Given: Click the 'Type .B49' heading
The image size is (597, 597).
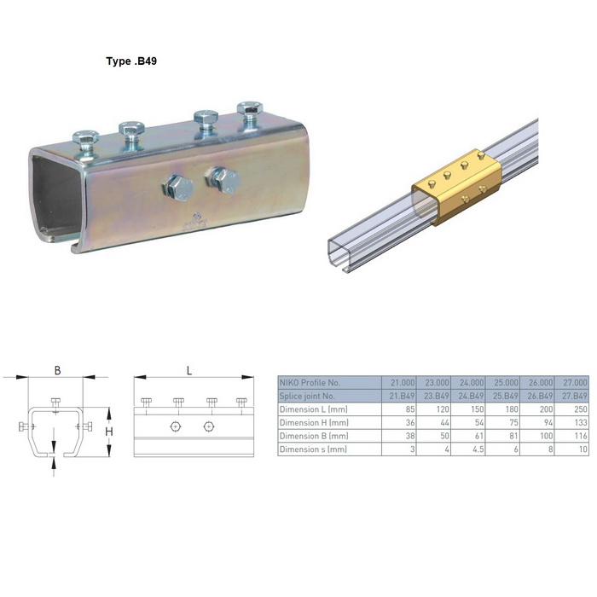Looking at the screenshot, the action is (x=131, y=61).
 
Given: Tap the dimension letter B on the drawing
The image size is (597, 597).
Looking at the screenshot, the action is (x=57, y=370).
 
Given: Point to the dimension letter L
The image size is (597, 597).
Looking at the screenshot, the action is (x=189, y=370).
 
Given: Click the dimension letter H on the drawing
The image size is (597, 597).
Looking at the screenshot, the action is (x=109, y=432).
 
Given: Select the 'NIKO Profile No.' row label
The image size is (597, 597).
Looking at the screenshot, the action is (x=310, y=383).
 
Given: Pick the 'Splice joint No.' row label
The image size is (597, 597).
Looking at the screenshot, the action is (x=307, y=396).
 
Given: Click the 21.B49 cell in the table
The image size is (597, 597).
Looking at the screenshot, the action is (x=402, y=396).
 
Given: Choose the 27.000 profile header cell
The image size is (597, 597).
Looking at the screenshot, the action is (x=575, y=383).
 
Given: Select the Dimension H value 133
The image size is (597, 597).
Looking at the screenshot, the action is (x=581, y=423).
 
